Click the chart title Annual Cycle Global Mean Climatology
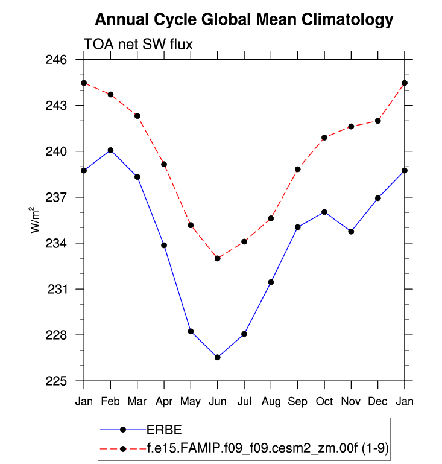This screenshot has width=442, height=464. (x=244, y=20)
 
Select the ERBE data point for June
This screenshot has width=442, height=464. (x=218, y=357)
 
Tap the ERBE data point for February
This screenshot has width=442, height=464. (x=110, y=150)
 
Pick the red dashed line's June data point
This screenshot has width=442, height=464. (x=218, y=258)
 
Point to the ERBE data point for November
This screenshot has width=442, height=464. (x=351, y=232)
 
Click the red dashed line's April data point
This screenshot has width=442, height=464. (x=164, y=164)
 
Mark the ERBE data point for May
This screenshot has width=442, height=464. (x=191, y=331)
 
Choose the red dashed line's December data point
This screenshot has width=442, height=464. (x=378, y=121)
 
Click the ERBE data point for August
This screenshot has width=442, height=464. (x=271, y=282)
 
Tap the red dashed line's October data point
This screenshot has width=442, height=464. (x=324, y=138)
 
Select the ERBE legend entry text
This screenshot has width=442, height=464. (x=165, y=430)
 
